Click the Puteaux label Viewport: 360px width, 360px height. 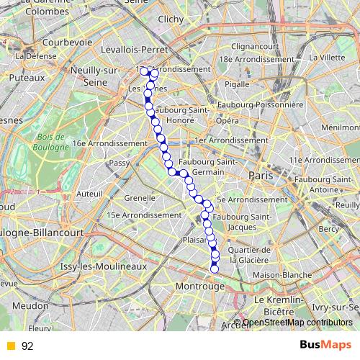[27, 75]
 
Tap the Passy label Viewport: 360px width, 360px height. [120, 163]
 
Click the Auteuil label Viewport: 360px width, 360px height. [90, 194]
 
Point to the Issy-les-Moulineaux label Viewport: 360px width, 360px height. [103, 266]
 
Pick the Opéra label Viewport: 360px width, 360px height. [227, 120]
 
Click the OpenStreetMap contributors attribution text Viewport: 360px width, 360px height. [297, 323]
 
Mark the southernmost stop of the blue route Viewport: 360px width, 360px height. [214, 269]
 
